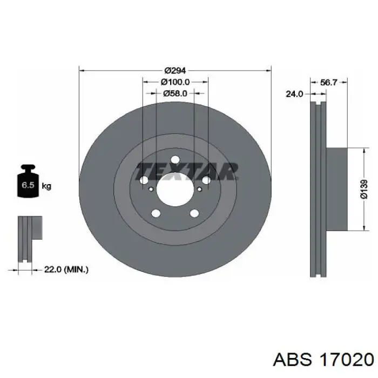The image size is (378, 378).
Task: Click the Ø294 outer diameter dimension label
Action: (175, 71)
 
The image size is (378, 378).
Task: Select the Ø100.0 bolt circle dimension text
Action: (175, 82)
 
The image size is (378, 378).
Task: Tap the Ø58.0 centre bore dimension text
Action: (175, 93)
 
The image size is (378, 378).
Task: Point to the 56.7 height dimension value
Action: (328, 83)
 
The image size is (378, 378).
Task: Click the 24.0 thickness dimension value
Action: (294, 94)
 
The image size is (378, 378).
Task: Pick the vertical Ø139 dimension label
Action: (364, 189)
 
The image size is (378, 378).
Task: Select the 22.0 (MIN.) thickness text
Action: (66, 269)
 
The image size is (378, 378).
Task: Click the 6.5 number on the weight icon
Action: (28, 185)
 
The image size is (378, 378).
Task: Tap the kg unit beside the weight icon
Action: (46, 186)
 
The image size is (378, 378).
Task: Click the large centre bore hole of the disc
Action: (175, 189)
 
